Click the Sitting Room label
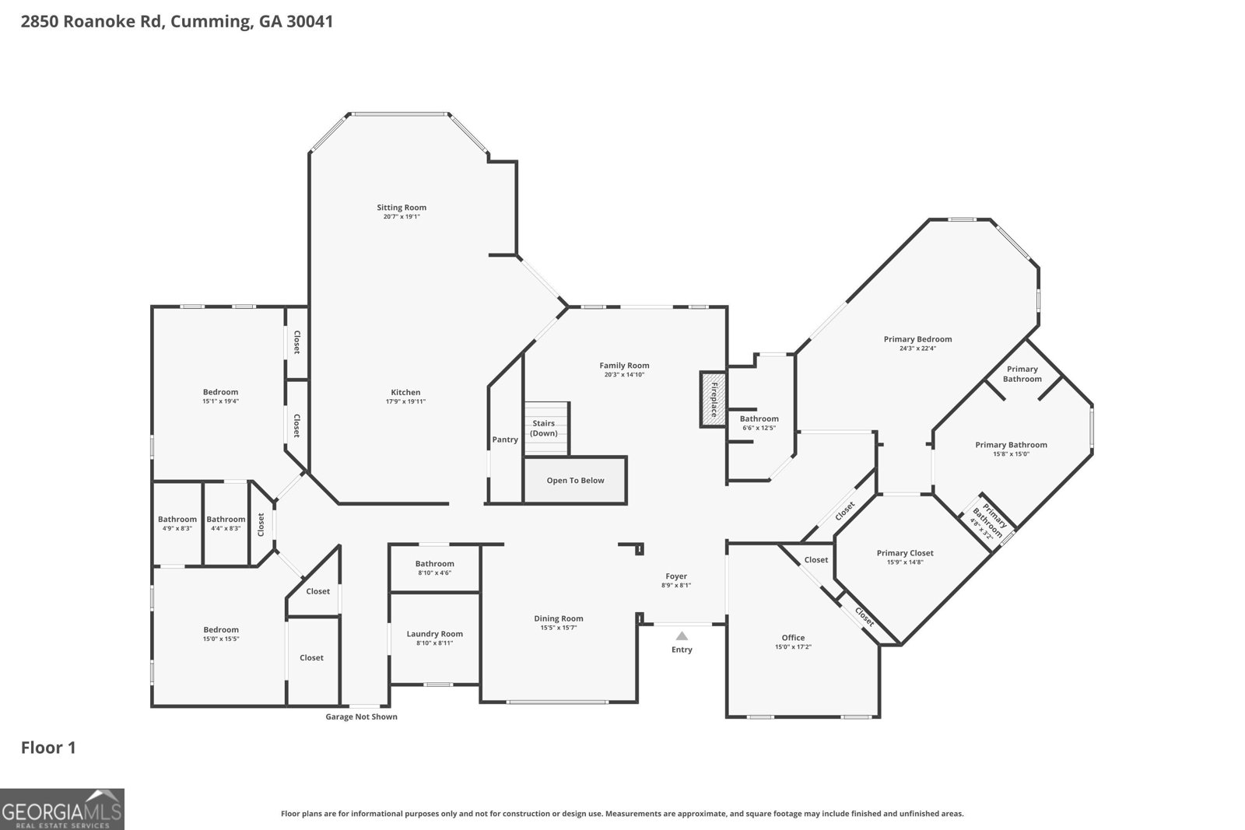tap(402, 207)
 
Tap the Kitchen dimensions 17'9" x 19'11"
tap(405, 401)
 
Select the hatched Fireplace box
tap(714, 400)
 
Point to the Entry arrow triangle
tap(682, 636)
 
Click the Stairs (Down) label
tap(544, 429)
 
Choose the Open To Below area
tap(575, 480)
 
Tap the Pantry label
tap(505, 440)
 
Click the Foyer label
tap(676, 576)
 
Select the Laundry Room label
tap(435, 634)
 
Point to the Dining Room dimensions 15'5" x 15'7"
tap(559, 628)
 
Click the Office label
tap(793, 638)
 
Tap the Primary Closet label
tap(905, 553)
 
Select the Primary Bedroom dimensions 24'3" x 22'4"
tap(917, 348)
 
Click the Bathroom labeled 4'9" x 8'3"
tap(177, 524)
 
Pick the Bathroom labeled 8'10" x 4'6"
tap(435, 568)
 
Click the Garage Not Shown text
tap(361, 716)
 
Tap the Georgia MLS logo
tap(61, 809)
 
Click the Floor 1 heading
tap(48, 748)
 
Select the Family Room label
tap(624, 366)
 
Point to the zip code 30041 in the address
tap(310, 21)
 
